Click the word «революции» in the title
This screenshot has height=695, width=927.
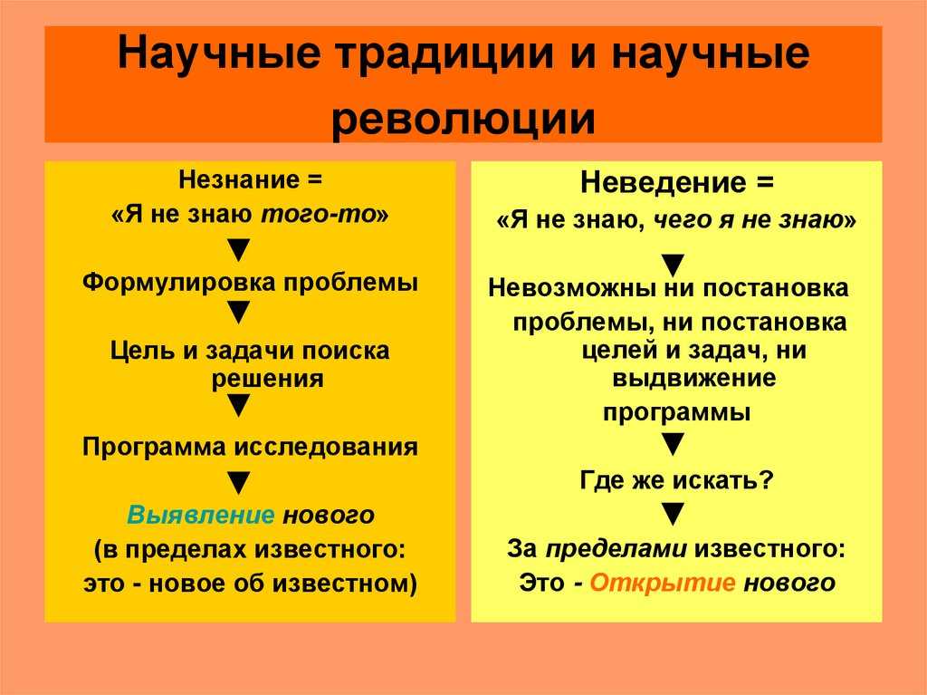463,119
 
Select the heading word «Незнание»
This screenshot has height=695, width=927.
239,179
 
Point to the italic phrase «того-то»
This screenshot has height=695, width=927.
319,215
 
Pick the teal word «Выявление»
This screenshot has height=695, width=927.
201,515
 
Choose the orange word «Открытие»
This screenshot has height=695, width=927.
663,584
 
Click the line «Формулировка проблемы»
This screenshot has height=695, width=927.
250,282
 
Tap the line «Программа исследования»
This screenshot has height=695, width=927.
250,447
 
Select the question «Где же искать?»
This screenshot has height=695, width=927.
676,480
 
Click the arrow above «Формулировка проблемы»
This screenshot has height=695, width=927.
239,250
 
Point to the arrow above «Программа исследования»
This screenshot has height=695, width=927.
239,406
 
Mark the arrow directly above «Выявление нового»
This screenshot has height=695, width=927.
239,483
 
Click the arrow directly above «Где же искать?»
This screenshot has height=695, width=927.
673,444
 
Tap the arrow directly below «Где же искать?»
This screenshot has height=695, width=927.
673,514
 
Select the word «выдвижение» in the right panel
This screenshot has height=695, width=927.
694,378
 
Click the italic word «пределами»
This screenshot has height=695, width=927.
616,549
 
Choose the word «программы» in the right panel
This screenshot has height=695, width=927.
676,412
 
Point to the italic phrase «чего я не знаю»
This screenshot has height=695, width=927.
747,220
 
